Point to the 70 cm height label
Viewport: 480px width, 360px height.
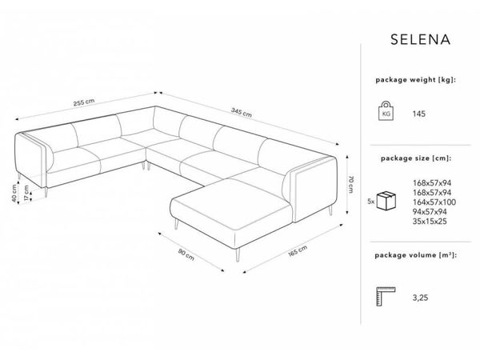pos(351,185)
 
